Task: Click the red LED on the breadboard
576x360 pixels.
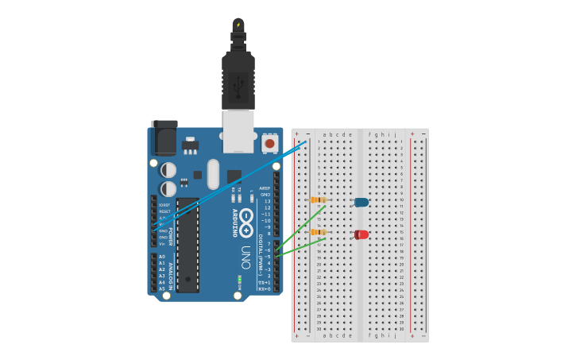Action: [x=361, y=234]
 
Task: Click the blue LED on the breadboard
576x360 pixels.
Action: [x=361, y=202]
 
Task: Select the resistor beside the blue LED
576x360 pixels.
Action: [x=318, y=199]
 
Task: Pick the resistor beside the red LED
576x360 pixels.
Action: [x=318, y=232]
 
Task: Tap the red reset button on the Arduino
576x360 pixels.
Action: [x=270, y=144]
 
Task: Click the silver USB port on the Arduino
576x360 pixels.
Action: [x=238, y=130]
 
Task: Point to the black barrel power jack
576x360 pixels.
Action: [x=164, y=137]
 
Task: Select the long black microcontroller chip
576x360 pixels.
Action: [x=187, y=245]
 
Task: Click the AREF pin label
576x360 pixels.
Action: [x=265, y=188]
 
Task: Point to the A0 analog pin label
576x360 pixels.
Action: [x=162, y=257]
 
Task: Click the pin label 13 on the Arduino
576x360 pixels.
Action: [x=267, y=201]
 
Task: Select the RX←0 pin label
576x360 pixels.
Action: [x=265, y=288]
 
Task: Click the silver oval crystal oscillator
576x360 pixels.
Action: [x=213, y=174]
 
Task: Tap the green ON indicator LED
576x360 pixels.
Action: [x=239, y=279]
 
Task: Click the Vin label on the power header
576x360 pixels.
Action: [x=162, y=243]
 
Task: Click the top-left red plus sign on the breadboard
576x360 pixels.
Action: [x=297, y=134]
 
